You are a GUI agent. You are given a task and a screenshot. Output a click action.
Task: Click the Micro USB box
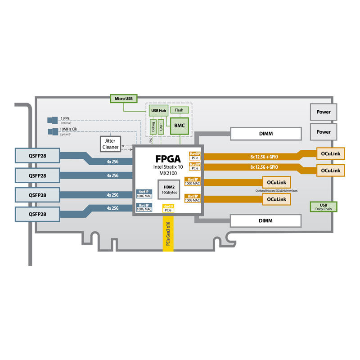pyautogui.click(x=124, y=98)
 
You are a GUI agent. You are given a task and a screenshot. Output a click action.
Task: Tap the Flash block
pyautogui.click(x=179, y=110)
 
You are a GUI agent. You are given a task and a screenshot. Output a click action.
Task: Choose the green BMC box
pyautogui.click(x=179, y=125)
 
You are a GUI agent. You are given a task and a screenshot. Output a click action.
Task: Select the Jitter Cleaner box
pyautogui.click(x=110, y=144)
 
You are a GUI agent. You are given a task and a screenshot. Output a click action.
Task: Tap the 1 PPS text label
pyautogui.click(x=65, y=119)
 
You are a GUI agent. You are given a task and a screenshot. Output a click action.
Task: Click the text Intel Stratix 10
pyautogui.click(x=168, y=167)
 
